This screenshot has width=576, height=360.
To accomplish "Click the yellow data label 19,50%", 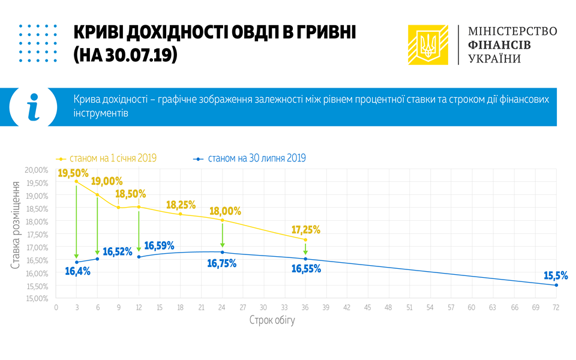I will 73,173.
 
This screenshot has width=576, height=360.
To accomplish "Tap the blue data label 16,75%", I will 222,263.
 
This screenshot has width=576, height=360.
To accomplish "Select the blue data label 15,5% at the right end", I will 556,275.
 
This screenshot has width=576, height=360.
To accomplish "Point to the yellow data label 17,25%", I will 306,229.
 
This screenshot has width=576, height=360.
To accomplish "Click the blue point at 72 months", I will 556,285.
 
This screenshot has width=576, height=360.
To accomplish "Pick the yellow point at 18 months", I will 181,214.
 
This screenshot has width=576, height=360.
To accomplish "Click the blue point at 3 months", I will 77,262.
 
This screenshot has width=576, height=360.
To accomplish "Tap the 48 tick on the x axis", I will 388,307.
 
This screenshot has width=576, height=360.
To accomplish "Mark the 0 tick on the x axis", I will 56,307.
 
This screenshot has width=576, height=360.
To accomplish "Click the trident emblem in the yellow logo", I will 428,45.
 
